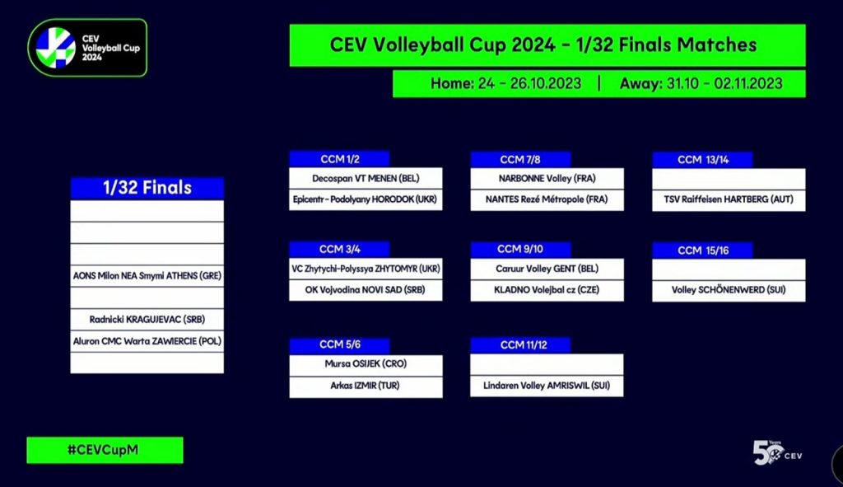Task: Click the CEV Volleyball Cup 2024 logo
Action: click(87, 48)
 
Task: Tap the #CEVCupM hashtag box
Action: click(105, 450)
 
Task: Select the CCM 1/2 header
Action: click(339, 159)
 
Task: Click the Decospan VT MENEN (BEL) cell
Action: click(366, 178)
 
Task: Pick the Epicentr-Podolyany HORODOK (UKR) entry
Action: click(366, 199)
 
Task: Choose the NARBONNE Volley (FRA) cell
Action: click(547, 178)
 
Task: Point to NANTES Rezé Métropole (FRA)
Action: click(547, 199)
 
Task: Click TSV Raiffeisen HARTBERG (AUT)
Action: click(729, 199)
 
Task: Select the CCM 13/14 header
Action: click(703, 159)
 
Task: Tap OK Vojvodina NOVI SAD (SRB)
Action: click(366, 290)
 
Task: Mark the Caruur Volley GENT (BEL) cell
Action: click(547, 269)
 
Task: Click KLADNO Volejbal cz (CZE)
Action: click(547, 290)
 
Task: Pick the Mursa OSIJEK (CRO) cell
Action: click(366, 364)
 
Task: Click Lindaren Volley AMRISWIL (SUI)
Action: click(547, 386)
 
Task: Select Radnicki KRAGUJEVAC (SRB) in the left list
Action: click(147, 319)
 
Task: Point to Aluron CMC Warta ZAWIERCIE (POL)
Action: click(147, 341)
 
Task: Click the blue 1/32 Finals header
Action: click(147, 188)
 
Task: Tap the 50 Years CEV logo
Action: click(777, 453)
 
